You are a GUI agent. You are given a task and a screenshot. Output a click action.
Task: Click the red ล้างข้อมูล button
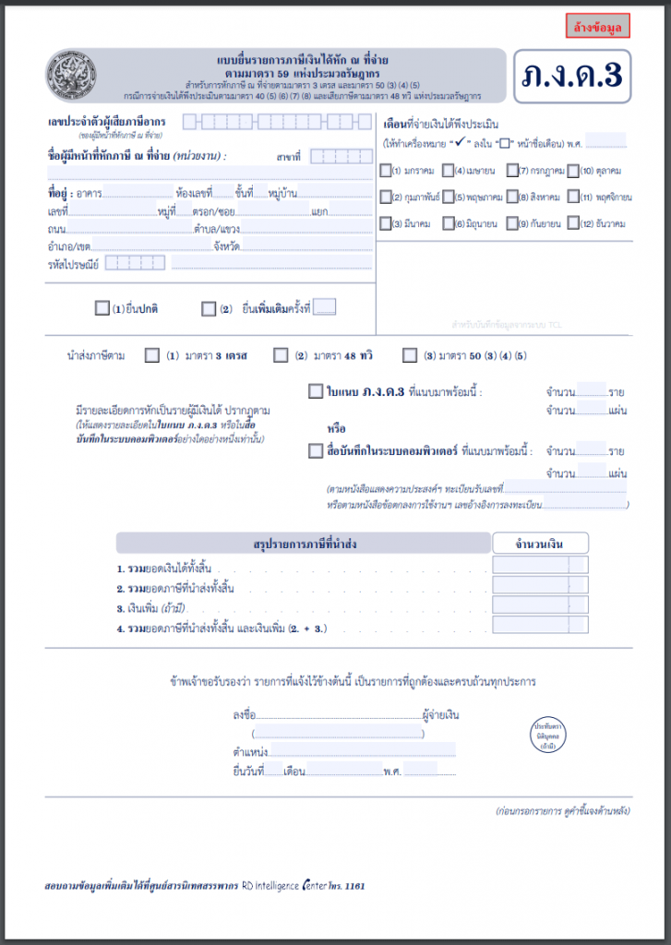pyautogui.click(x=597, y=26)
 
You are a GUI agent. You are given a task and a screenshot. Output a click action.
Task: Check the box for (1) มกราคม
pyautogui.click(x=386, y=171)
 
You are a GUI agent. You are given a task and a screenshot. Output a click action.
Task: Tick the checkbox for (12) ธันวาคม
pyautogui.click(x=573, y=223)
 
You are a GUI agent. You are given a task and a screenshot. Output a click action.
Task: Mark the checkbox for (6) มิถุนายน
pyautogui.click(x=448, y=223)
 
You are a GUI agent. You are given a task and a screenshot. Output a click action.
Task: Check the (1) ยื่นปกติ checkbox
pyautogui.click(x=102, y=309)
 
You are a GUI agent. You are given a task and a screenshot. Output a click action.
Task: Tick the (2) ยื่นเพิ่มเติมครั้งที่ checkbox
pyautogui.click(x=209, y=309)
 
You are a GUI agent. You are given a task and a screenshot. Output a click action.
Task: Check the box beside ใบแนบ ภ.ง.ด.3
pyautogui.click(x=316, y=391)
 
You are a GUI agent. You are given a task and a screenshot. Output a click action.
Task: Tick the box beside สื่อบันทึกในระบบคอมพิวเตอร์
pyautogui.click(x=316, y=451)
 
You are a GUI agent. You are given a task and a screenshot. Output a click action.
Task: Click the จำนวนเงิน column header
pyautogui.click(x=540, y=543)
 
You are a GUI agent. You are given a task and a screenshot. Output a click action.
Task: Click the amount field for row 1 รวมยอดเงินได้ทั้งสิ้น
pyautogui.click(x=540, y=566)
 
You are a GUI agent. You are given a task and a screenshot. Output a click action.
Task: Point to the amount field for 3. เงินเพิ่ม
pyautogui.click(x=540, y=605)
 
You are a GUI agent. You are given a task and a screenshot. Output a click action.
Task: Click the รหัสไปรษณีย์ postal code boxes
pyautogui.click(x=135, y=263)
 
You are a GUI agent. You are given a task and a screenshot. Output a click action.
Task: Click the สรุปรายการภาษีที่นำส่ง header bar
pyautogui.click(x=304, y=544)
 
